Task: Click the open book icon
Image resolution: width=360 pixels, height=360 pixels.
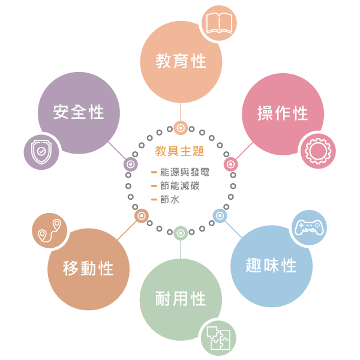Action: [218, 23]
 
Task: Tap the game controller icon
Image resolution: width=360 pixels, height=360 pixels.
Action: [309, 228]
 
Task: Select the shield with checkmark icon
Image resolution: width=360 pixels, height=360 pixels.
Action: [41, 152]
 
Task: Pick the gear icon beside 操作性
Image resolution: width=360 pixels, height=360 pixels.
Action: [318, 151]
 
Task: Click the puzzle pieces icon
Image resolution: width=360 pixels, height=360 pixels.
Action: [218, 338]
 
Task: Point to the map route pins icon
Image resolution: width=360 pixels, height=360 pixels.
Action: [49, 230]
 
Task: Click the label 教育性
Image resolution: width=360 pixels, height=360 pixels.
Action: [181, 61]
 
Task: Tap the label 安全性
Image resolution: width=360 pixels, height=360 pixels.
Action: [79, 112]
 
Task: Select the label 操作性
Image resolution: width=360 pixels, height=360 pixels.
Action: [283, 113]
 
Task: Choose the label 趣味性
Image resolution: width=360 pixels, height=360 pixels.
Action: [271, 266]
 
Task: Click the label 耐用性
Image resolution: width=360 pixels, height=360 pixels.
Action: [181, 299]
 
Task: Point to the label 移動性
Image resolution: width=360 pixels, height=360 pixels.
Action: [88, 268]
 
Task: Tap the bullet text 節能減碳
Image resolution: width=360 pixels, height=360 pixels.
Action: [180, 186]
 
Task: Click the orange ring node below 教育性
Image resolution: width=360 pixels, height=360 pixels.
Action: [181, 128]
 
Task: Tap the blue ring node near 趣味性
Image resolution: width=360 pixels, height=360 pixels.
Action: [220, 215]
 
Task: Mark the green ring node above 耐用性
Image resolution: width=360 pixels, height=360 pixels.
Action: [181, 232]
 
